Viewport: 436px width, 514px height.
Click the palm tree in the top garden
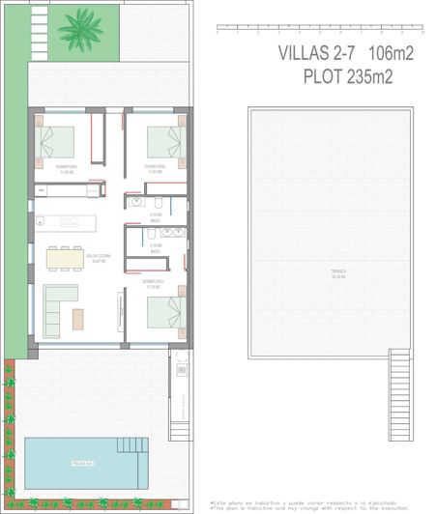(x=79, y=30)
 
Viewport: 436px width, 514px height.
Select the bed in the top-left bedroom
(x=57, y=142)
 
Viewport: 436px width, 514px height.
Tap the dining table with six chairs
(x=65, y=258)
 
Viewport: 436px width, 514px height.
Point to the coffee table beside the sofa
(x=77, y=319)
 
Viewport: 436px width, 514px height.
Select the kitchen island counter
(x=67, y=221)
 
